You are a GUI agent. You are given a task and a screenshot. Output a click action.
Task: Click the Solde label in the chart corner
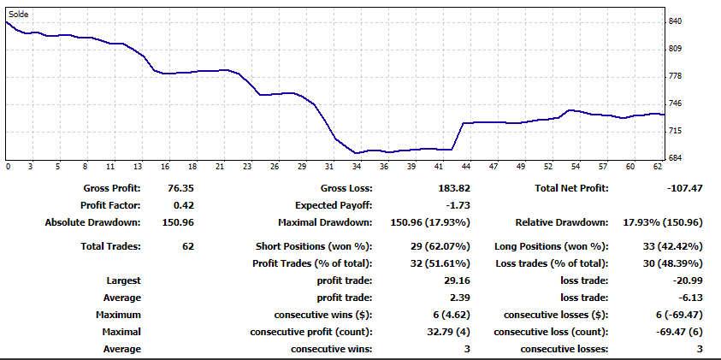tap(18, 14)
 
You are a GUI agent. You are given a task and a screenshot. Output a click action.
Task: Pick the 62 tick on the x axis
tap(657, 167)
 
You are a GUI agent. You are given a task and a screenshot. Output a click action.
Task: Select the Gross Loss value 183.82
tap(453, 188)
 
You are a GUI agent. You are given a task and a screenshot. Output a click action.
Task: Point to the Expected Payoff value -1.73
tap(458, 205)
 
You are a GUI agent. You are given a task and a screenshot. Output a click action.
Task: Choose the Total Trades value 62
tap(188, 246)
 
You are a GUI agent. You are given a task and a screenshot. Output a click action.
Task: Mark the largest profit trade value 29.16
tap(456, 280)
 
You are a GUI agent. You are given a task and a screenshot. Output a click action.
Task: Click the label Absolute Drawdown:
tap(92, 222)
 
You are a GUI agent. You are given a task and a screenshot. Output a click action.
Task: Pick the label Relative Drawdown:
tap(562, 222)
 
